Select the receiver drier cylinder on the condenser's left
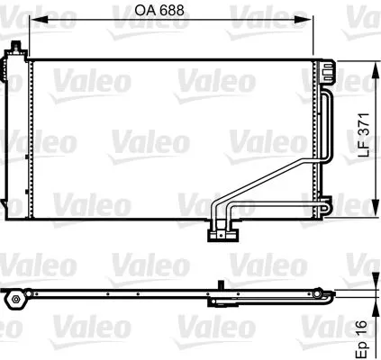click(13, 135)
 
